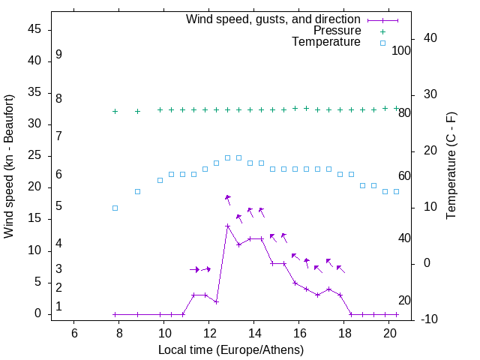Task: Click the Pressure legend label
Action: pyautogui.click(x=337, y=31)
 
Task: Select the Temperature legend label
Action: pyautogui.click(x=326, y=43)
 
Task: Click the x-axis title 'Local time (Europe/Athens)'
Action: pyautogui.click(x=231, y=350)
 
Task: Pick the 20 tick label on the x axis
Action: pyautogui.click(x=390, y=334)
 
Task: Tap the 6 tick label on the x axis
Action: pyautogui.click(x=74, y=334)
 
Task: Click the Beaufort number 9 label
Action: pyautogui.click(x=58, y=55)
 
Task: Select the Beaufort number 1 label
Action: pyautogui.click(x=58, y=307)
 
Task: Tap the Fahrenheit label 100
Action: pyautogui.click(x=402, y=50)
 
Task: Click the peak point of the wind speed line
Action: pyautogui.click(x=227, y=226)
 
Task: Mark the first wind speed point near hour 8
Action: pyautogui.click(x=115, y=314)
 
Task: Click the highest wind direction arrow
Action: pyautogui.click(x=228, y=199)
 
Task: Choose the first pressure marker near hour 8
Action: pyautogui.click(x=115, y=111)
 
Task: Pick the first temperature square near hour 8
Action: pyautogui.click(x=115, y=208)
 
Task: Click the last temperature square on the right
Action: pyautogui.click(x=396, y=191)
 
